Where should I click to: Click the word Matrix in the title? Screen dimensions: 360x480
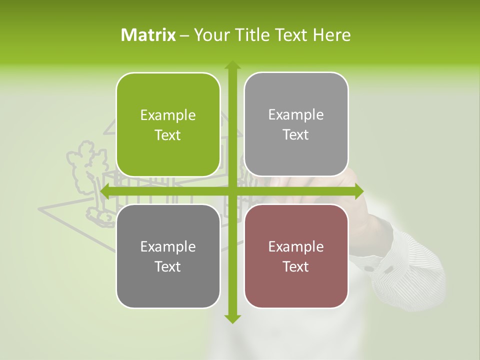tap(148, 35)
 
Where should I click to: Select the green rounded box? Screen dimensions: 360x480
tap(168, 125)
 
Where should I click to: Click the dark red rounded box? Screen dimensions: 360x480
tap(296, 256)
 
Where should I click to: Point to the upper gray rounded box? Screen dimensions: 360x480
tap(296, 124)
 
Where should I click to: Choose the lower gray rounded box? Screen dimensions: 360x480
tap(168, 256)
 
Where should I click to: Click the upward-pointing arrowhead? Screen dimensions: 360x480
tap(232, 65)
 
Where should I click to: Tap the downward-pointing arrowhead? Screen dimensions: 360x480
tap(232, 318)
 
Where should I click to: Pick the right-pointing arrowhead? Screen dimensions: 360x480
tap(358, 191)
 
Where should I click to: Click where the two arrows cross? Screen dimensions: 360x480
tap(232, 191)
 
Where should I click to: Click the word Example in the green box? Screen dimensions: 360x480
tap(168, 115)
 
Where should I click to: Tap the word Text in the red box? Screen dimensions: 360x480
tap(296, 266)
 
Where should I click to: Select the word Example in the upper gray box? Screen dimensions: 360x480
tap(296, 115)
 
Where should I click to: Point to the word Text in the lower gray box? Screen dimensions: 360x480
tap(168, 266)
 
